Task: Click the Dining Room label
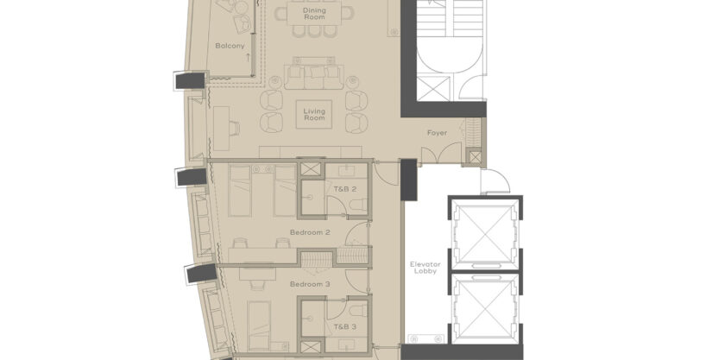point(314,14)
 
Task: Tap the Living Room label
point(314,115)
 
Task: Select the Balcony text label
point(230,46)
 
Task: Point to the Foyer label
point(438,133)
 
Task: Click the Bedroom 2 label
point(310,232)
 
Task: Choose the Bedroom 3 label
point(310,284)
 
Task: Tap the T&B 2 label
point(345,189)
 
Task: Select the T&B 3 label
point(345,326)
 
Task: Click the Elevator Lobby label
point(425,268)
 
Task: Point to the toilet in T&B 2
point(360,205)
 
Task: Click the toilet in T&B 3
point(360,310)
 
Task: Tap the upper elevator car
point(484,233)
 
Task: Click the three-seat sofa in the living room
point(314,73)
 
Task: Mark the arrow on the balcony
point(248,57)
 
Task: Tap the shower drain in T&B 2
point(310,198)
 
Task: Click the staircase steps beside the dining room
point(450,18)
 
